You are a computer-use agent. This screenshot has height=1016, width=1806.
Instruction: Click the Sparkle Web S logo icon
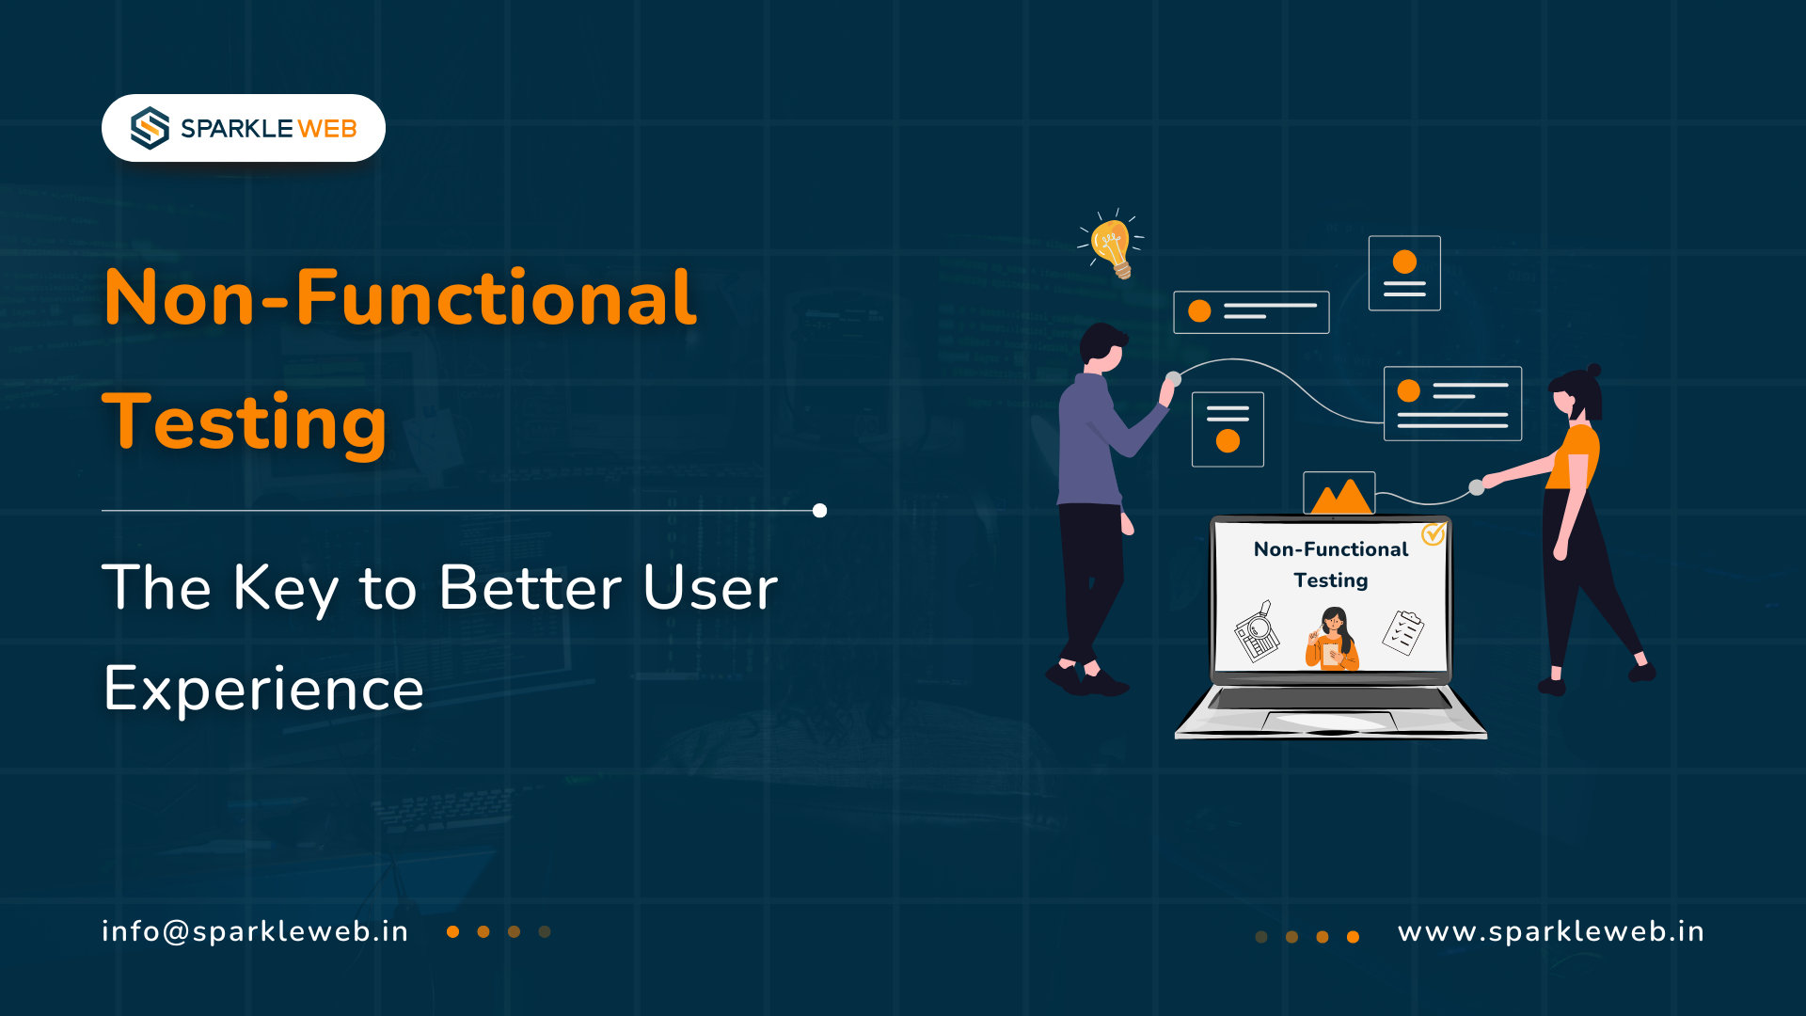tap(150, 128)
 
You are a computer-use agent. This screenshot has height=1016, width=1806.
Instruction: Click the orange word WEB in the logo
tap(327, 129)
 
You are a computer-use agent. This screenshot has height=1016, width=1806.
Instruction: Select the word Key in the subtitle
tap(286, 590)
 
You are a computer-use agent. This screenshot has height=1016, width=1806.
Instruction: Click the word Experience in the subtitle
tap(263, 690)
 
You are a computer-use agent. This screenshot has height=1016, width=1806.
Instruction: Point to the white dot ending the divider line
tap(819, 511)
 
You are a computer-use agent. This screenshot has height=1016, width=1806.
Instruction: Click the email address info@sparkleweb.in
tap(255, 931)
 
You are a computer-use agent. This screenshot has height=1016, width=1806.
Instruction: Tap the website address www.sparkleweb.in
tap(1551, 931)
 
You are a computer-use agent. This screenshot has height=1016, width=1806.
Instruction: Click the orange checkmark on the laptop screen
tap(1434, 534)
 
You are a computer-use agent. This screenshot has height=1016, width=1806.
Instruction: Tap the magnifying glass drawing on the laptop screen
tap(1258, 631)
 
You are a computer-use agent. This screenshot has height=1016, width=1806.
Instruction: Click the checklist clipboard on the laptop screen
tap(1402, 632)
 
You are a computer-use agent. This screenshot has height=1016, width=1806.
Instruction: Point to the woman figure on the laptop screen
tap(1332, 639)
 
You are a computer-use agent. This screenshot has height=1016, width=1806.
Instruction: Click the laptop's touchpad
tap(1329, 722)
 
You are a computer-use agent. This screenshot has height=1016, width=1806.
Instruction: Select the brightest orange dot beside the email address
tap(453, 932)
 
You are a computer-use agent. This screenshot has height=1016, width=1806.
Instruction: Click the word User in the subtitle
tap(710, 588)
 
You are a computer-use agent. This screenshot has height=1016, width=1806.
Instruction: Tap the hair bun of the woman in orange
tap(1593, 371)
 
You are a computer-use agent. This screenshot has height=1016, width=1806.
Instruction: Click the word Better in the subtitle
tap(530, 588)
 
